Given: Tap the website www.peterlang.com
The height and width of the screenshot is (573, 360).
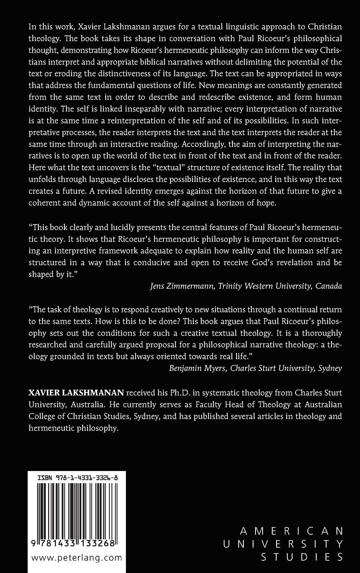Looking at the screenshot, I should click(x=77, y=558).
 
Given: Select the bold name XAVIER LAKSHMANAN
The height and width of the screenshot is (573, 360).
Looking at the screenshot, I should click(x=76, y=393).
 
